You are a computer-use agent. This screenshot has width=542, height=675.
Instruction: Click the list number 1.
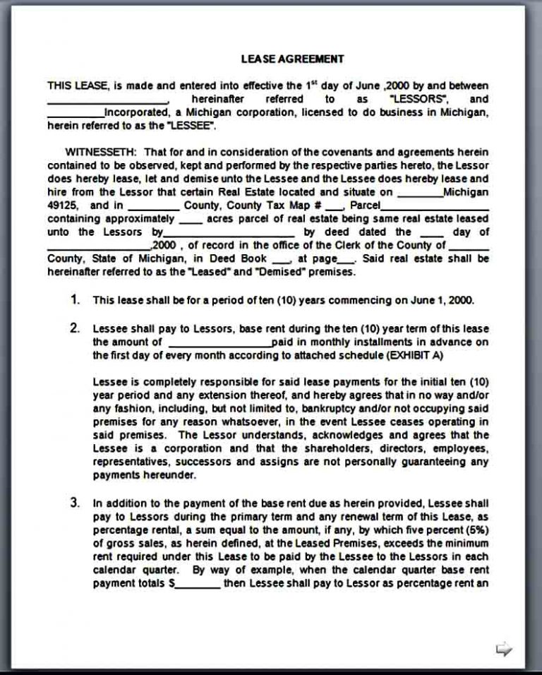75,299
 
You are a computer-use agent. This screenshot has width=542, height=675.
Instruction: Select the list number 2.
75,329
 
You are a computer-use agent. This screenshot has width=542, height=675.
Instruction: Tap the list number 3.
75,503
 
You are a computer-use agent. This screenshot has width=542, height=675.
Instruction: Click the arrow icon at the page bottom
504,648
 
